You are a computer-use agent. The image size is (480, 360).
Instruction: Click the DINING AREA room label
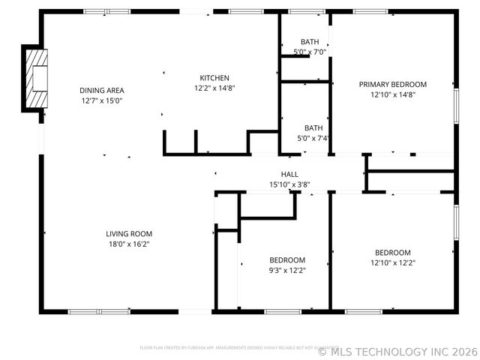pos(101,90)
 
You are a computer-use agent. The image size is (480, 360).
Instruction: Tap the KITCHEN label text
pos(214,78)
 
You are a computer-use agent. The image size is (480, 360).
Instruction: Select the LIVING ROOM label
pos(129,233)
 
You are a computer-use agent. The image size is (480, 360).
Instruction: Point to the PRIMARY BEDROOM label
pos(392,85)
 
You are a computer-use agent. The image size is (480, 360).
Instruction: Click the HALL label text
pos(289,174)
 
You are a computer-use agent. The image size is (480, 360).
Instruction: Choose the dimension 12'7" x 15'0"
pos(101,100)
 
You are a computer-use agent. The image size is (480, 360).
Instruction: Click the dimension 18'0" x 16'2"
pos(129,244)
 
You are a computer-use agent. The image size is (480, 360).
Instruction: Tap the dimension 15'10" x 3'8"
pos(289,184)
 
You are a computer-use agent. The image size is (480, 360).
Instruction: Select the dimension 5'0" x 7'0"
pos(310,52)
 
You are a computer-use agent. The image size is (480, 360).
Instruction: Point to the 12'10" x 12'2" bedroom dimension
pos(392,263)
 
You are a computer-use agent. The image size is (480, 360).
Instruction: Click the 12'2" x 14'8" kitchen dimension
pos(214,88)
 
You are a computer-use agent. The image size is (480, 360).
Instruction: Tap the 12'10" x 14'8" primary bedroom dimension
pos(392,95)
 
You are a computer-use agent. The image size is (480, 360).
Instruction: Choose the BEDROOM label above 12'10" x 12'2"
pos(392,253)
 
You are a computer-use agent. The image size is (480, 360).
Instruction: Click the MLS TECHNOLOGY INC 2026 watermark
pos(397,351)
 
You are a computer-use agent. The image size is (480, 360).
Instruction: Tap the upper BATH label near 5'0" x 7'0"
pos(310,41)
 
